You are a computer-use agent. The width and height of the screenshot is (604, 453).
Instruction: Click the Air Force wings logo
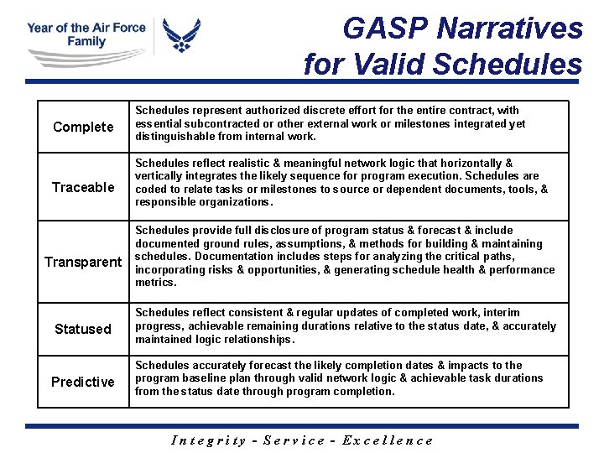coord(182,36)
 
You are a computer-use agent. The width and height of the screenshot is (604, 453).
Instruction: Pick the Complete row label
coord(83,128)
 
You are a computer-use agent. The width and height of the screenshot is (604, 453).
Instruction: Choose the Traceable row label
coord(83,188)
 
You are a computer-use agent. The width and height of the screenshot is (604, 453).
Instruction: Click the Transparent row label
coord(83,263)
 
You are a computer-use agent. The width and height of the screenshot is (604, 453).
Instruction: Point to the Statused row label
coord(83,330)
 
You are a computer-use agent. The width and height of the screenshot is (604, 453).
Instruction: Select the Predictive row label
coord(83,383)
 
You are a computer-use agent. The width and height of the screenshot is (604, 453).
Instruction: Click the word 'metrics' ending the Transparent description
coord(154,283)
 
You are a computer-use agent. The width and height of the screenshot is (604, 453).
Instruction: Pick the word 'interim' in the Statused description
coord(502,312)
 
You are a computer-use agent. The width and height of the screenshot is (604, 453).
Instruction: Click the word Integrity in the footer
coord(208,440)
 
